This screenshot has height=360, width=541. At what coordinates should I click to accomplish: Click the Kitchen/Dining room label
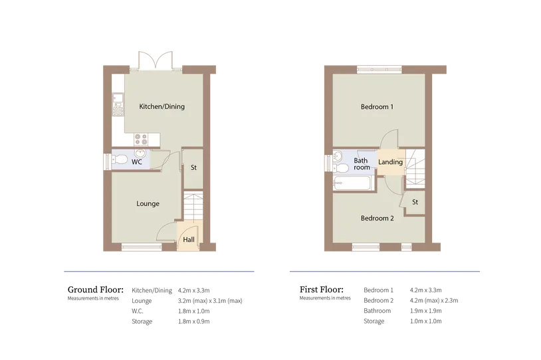coord(162,106)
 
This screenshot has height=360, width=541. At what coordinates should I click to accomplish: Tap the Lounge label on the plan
coord(148,203)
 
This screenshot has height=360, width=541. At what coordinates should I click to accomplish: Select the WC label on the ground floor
coord(137,161)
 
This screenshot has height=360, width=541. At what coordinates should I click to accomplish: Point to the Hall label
coord(189,239)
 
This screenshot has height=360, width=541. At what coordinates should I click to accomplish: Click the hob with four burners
coord(141,139)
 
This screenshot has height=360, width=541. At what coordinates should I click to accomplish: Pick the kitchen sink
coord(118,104)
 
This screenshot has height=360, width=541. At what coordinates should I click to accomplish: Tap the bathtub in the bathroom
coord(352,183)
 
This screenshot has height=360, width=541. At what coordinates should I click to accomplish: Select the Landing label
coord(390,161)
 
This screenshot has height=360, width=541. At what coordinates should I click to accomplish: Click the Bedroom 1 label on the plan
coord(377,106)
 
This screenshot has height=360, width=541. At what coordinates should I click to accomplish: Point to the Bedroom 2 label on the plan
coord(377,218)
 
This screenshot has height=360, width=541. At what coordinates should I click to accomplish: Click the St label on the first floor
coord(415,202)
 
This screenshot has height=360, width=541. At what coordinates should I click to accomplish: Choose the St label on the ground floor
coord(193,167)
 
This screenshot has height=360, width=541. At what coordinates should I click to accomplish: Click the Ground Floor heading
coord(96,290)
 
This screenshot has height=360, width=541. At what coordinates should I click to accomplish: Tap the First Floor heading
coord(322,290)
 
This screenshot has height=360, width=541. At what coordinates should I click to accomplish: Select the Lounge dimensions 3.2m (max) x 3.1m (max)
coord(210,301)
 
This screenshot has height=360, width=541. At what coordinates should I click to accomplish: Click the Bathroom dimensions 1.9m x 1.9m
coord(426,311)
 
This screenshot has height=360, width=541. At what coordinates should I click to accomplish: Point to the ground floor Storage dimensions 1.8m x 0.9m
coord(194,321)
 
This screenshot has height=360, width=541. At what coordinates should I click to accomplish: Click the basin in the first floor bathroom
coord(338,157)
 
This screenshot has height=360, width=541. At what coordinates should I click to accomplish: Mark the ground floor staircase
coord(193,207)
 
